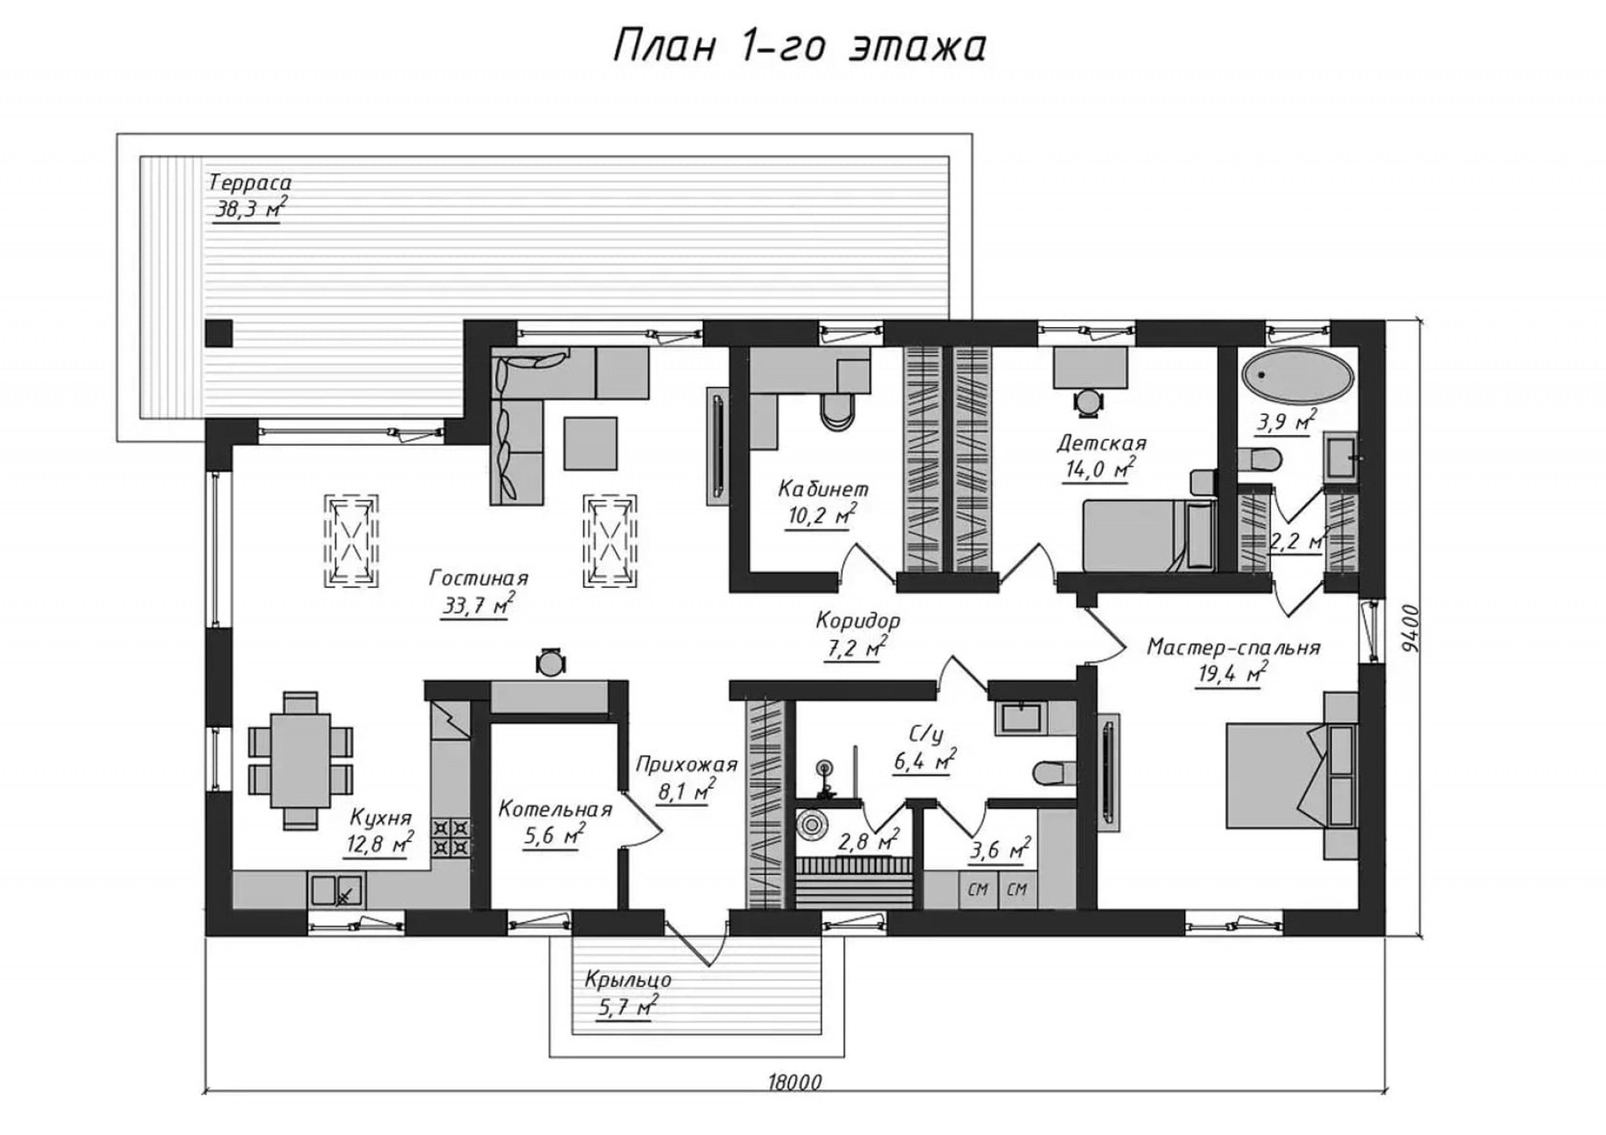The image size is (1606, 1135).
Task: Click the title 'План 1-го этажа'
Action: pos(800,46)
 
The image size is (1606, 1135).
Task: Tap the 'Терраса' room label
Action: pos(249,182)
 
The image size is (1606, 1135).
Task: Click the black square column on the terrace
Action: pos(219,334)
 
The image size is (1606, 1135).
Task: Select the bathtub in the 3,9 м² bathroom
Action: pos(1297,376)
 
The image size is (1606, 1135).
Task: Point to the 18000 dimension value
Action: pos(795,1081)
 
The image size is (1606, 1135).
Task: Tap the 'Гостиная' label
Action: pos(478,578)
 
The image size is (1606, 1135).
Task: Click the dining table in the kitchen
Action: pos(300,760)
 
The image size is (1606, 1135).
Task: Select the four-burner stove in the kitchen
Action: pos(451,838)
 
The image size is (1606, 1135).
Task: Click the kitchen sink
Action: pos(337,891)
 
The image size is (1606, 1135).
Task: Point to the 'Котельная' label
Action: pos(555,809)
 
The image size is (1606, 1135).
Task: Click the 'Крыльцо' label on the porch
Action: pos(628,979)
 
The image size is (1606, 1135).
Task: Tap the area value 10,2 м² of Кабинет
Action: pos(821,516)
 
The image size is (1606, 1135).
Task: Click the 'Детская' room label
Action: pos(1101,442)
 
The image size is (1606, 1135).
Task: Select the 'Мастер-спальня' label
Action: pos(1234,647)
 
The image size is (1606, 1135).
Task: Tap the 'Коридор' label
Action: pos(858,621)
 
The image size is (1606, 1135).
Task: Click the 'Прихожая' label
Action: pos(687,764)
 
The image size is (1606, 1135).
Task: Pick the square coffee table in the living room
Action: pos(591,443)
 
